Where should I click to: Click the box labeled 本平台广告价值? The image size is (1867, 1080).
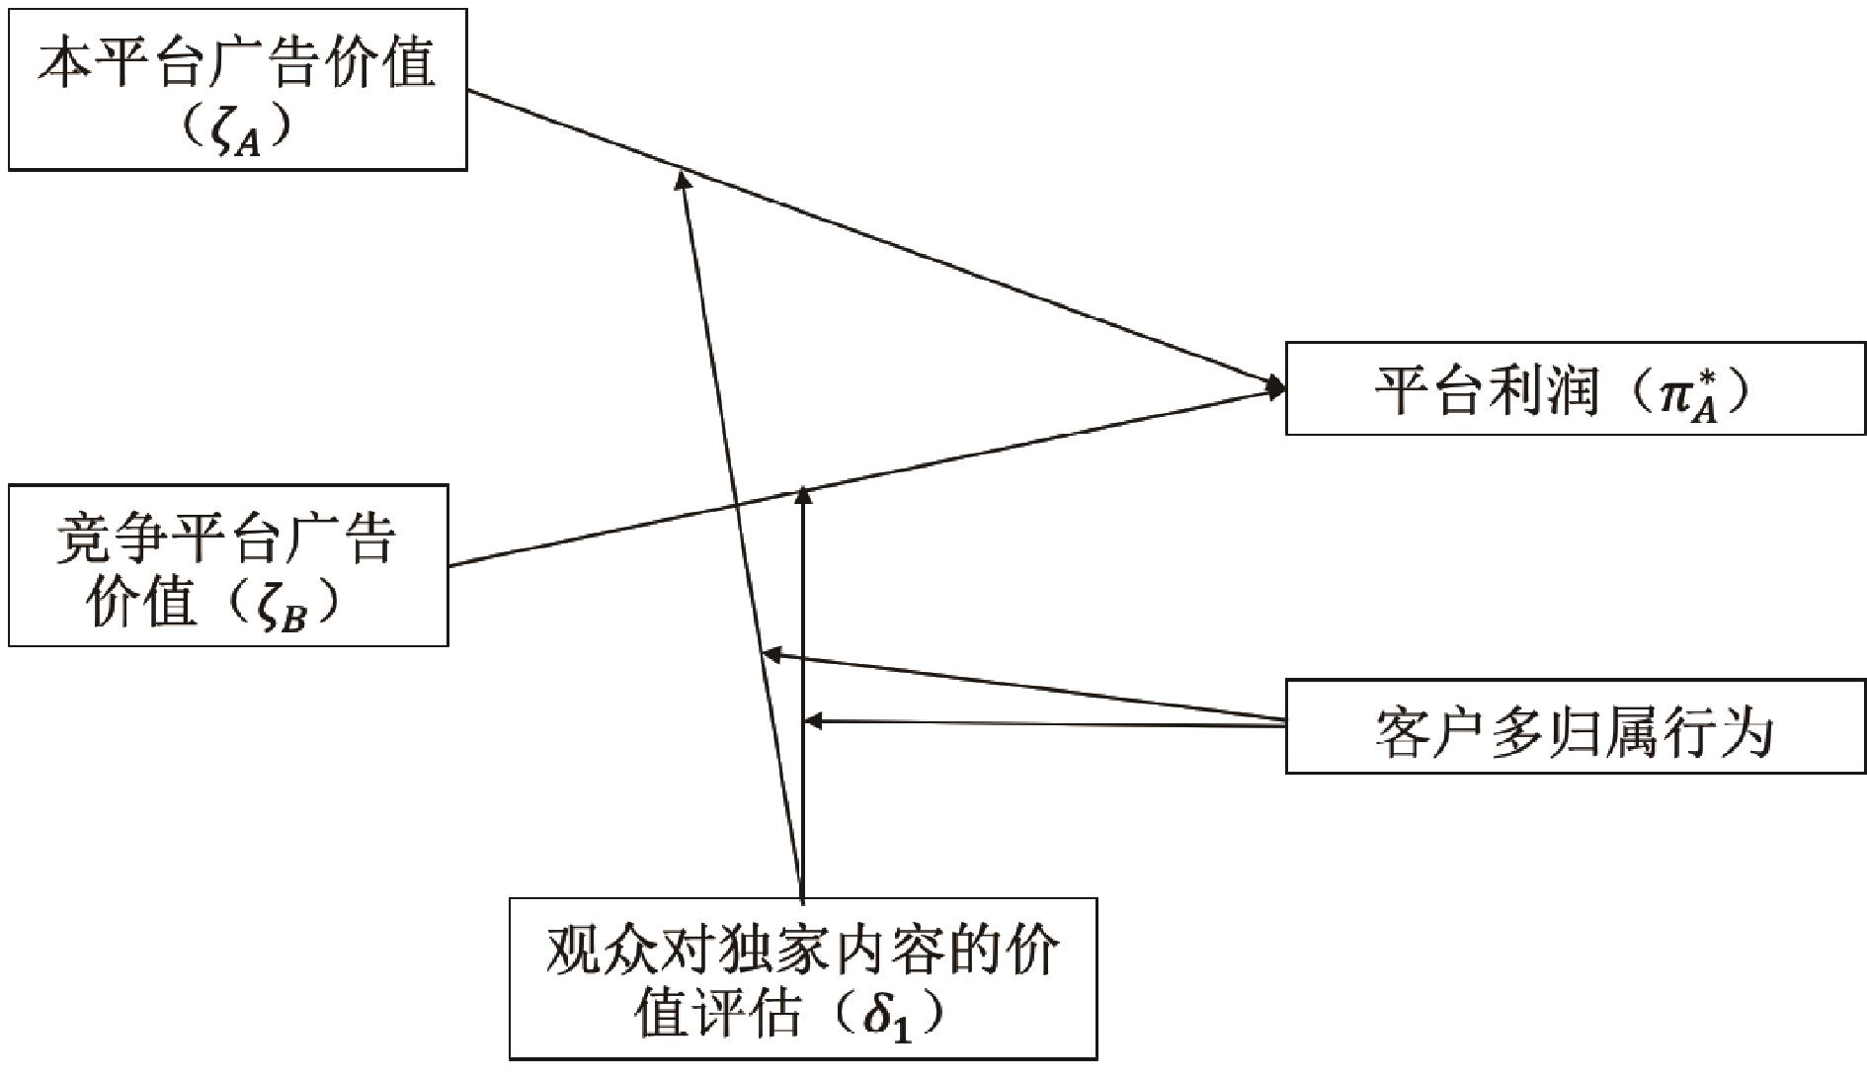tap(237, 90)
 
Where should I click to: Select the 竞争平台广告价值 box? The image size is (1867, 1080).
tap(228, 565)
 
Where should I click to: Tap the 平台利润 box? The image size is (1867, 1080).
tap(1575, 388)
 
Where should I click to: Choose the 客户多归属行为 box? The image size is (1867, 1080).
tap(1575, 726)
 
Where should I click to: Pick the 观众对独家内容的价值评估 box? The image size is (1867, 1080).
tap(802, 978)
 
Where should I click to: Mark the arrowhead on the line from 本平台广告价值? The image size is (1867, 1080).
tap(681, 179)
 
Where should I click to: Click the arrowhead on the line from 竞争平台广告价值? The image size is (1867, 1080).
tap(803, 493)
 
